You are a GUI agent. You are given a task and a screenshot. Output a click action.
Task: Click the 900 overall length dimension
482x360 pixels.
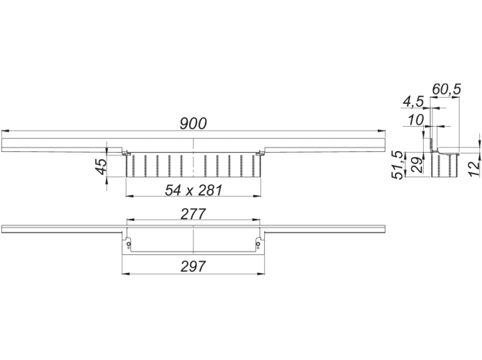193,124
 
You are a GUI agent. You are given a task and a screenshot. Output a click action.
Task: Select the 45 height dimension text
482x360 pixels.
101,166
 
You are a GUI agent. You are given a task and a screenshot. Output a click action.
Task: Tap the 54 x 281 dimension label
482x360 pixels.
194,190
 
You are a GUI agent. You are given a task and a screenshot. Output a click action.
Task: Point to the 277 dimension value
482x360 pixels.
193,214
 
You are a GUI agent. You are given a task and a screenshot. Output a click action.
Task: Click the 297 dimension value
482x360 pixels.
193,266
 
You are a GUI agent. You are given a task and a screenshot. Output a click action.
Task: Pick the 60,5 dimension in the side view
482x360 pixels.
446,89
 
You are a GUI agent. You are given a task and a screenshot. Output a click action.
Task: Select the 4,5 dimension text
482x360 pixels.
413,102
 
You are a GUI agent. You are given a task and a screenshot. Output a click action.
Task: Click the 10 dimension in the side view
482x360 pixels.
416,120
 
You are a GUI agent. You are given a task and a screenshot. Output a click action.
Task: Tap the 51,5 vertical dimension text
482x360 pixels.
397,165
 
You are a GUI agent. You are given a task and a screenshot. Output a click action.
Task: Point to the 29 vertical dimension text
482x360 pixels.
417,165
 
